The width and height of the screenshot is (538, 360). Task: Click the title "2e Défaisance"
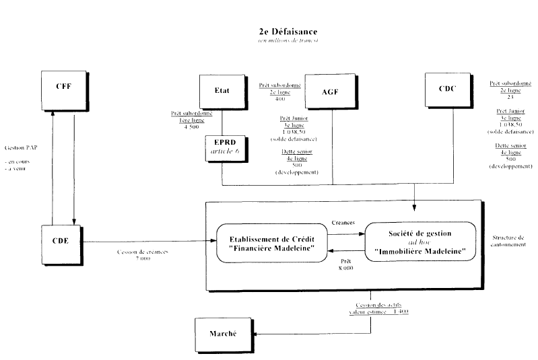[288, 32]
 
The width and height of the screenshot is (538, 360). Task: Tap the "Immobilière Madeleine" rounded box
[419, 242]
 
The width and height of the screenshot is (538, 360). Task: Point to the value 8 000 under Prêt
[345, 267]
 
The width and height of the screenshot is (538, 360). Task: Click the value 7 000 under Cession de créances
[142, 258]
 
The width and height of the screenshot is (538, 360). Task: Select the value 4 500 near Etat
[192, 127]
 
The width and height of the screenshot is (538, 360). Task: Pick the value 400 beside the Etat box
[281, 99]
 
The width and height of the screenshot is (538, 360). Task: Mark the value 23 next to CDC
[510, 96]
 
